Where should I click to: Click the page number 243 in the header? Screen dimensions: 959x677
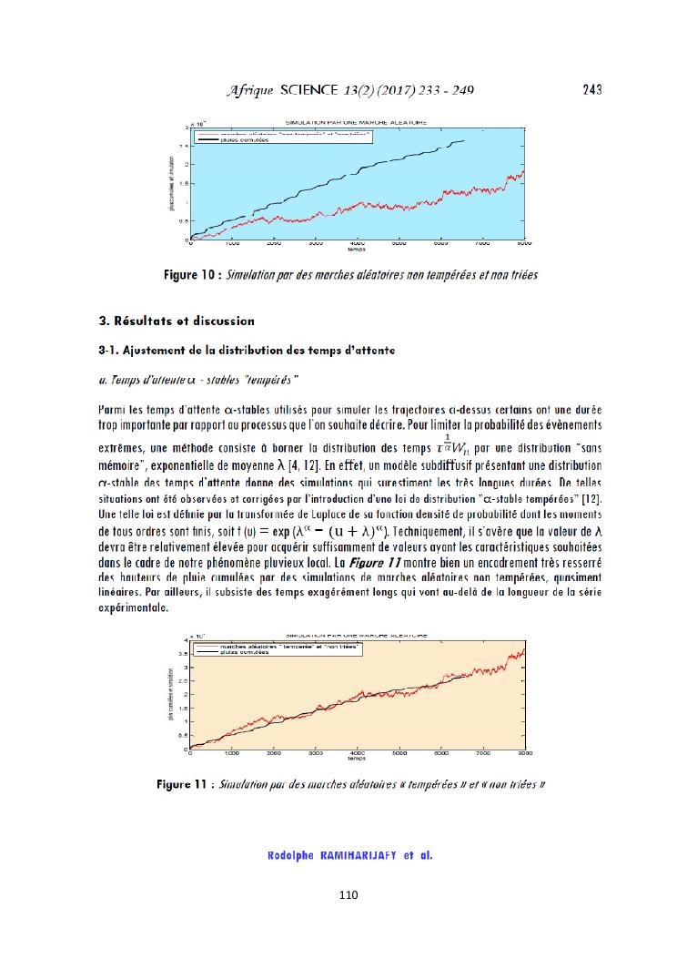pyautogui.click(x=591, y=89)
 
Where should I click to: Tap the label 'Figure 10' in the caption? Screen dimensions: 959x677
pyautogui.click(x=190, y=274)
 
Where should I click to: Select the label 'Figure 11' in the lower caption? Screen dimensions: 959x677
pyautogui.click(x=184, y=783)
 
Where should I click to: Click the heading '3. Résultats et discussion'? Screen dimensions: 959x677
pyautogui.click(x=176, y=321)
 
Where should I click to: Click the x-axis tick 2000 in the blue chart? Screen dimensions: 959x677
pyautogui.click(x=273, y=245)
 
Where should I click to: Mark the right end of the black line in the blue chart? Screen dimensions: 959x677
pyautogui.click(x=464, y=140)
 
